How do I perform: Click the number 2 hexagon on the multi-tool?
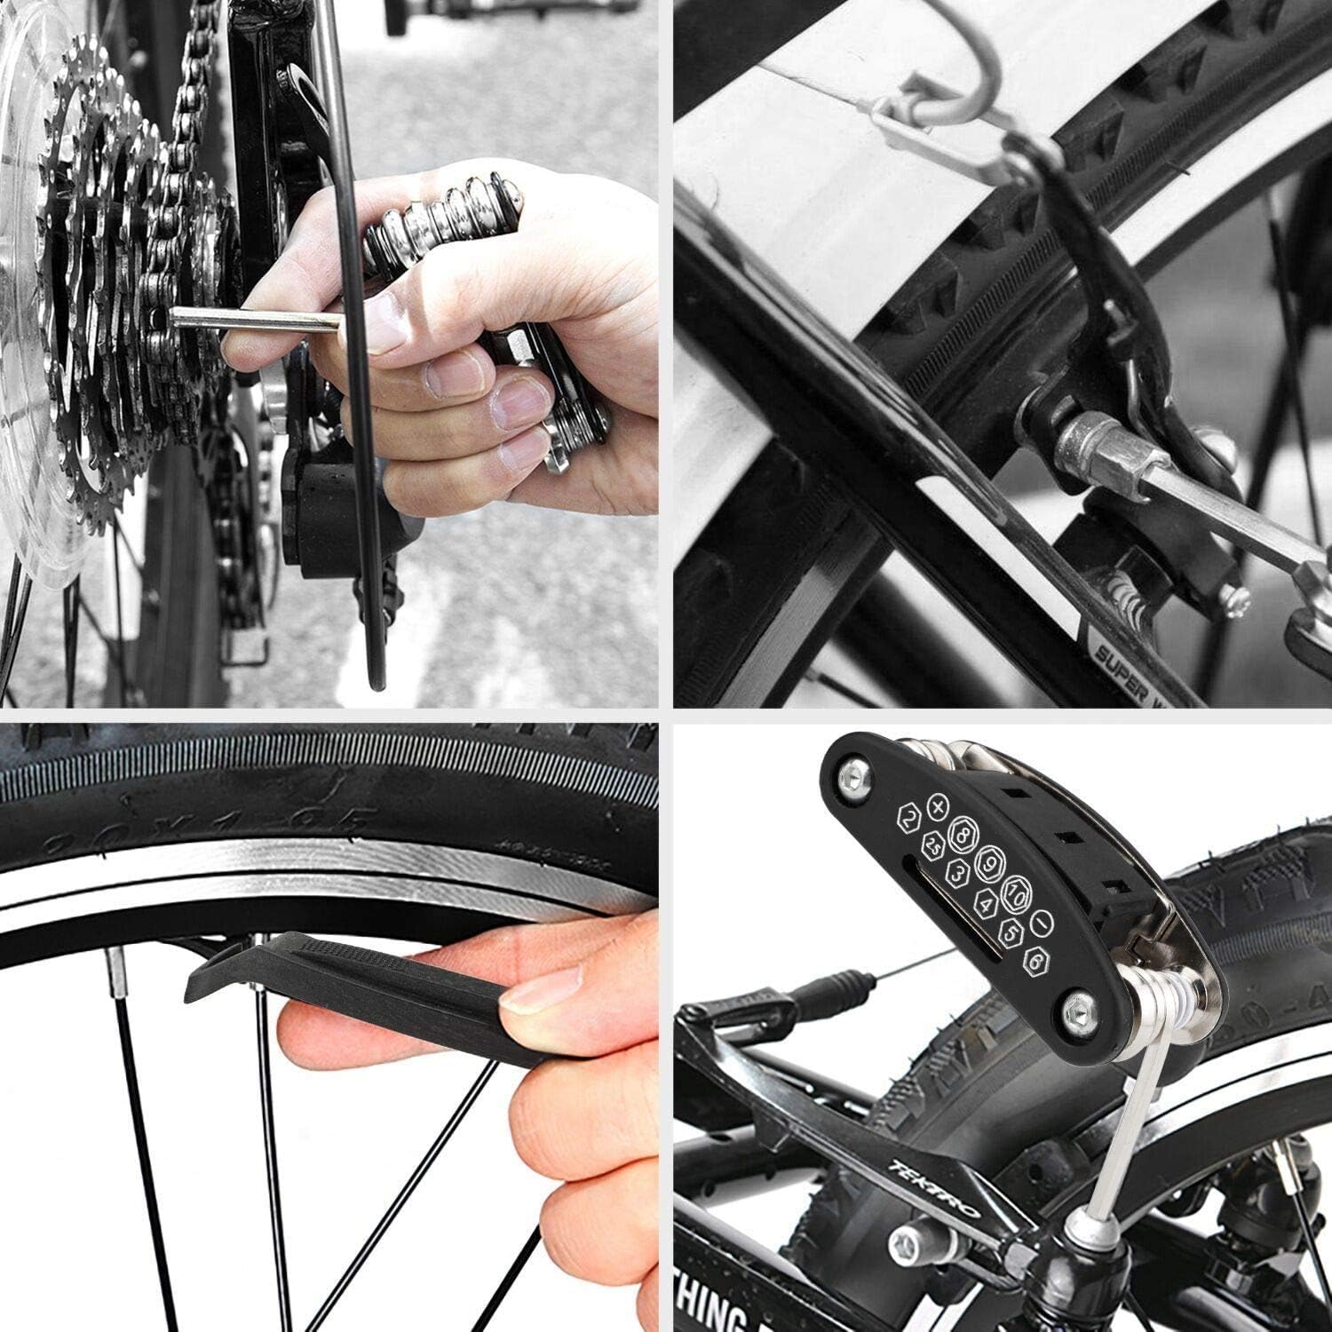(907, 820)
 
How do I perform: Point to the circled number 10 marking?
(1016, 895)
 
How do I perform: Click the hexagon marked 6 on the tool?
(1033, 959)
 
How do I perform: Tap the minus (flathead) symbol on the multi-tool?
(1043, 923)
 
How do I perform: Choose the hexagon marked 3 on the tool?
(957, 873)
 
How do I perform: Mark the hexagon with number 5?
(1010, 932)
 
